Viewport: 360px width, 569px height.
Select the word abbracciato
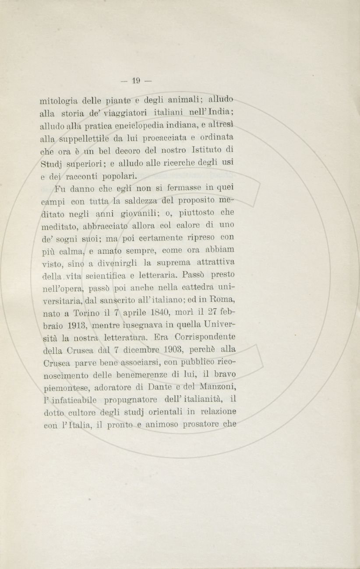click(x=107, y=226)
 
